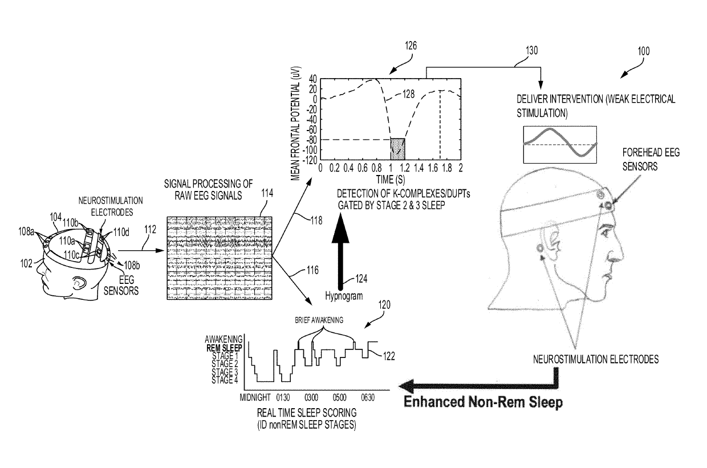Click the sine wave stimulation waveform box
[560, 144]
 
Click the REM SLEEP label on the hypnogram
[224, 347]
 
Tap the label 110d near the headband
[121, 232]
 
